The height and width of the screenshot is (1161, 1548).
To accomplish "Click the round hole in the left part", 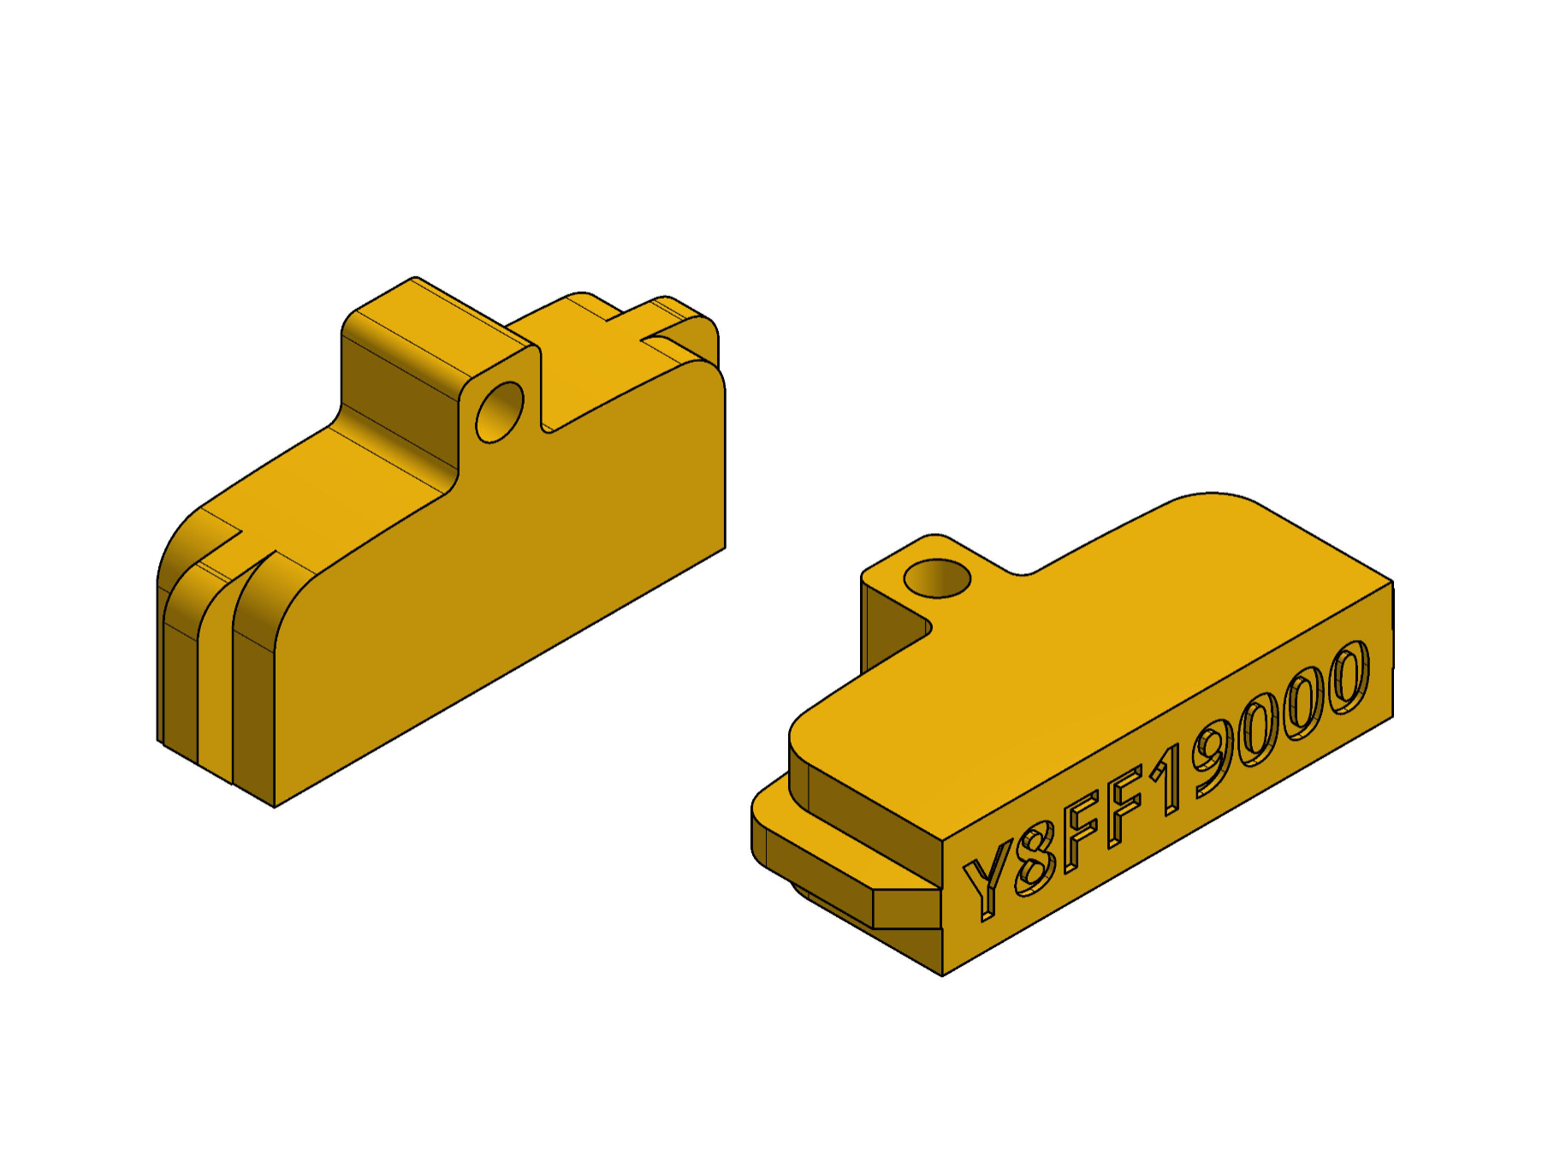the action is pos(500,412).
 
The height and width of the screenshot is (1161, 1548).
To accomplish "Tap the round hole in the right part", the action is pos(937,578).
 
